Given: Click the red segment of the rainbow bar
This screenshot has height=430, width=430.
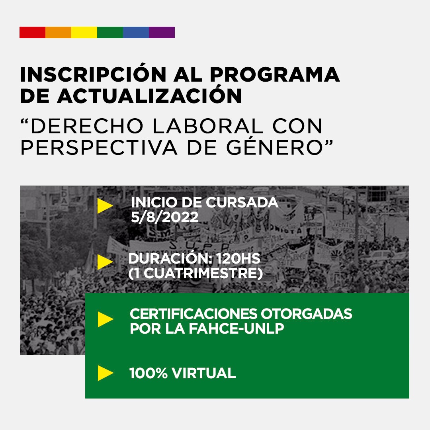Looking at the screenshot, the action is pyautogui.click(x=32, y=32).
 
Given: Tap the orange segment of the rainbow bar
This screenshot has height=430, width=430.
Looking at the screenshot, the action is pyautogui.click(x=59, y=32).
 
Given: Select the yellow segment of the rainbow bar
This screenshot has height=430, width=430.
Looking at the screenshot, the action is pyautogui.click(x=84, y=32).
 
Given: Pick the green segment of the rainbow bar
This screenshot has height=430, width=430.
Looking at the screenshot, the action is pyautogui.click(x=110, y=32).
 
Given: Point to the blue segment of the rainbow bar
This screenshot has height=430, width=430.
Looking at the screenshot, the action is pyautogui.click(x=136, y=32).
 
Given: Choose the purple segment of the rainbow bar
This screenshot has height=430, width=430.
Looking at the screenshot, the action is pyautogui.click(x=162, y=32).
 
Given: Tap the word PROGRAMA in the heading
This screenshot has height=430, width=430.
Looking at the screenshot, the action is pyautogui.click(x=275, y=74).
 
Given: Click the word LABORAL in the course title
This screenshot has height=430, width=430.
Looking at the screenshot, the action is pyautogui.click(x=207, y=126).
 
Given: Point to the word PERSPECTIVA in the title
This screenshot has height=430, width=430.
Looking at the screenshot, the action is pyautogui.click(x=99, y=148).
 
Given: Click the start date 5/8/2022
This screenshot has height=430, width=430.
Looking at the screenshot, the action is pyautogui.click(x=164, y=217).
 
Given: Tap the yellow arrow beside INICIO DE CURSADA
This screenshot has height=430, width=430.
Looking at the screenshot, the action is pyautogui.click(x=105, y=206).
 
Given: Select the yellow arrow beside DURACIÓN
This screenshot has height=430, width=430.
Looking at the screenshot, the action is pyautogui.click(x=105, y=262).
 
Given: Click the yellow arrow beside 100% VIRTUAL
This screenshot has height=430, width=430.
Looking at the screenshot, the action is pyautogui.click(x=106, y=373).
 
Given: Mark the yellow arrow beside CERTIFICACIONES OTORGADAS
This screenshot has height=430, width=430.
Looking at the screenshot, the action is pyautogui.click(x=106, y=319).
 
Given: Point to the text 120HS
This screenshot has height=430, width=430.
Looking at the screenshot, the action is pyautogui.click(x=238, y=259).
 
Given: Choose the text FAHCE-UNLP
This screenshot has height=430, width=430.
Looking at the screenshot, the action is pyautogui.click(x=236, y=328).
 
